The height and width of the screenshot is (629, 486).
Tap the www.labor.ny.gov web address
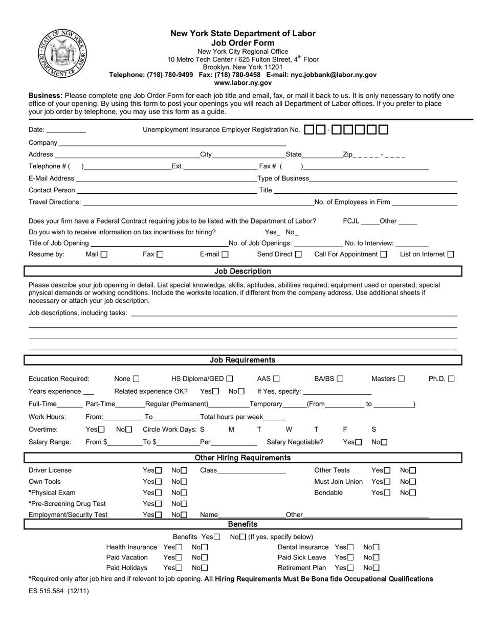243,82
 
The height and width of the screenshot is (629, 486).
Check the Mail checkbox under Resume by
104,254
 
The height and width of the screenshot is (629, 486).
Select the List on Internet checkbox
451,254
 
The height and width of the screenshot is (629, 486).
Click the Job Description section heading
242,271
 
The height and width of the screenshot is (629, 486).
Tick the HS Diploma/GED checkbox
230,379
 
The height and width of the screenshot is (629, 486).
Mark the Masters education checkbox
402,379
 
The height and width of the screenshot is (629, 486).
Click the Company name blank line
172,143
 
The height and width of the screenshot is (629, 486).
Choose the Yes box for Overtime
101,430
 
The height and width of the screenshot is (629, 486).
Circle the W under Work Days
289,430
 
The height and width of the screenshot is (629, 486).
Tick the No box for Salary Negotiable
384,442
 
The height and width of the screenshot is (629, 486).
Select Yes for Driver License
159,470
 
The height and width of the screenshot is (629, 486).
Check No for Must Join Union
413,482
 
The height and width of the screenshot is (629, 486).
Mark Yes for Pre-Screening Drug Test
159,504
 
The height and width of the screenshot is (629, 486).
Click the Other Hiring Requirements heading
242,458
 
